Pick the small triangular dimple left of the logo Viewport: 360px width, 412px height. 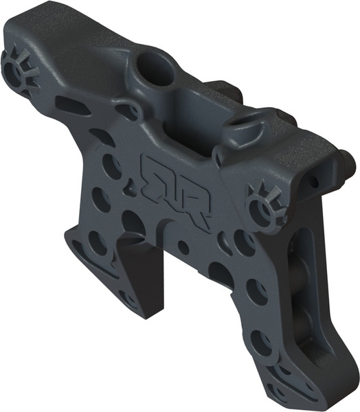(x=130, y=185)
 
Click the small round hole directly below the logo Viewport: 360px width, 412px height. (x=183, y=246)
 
